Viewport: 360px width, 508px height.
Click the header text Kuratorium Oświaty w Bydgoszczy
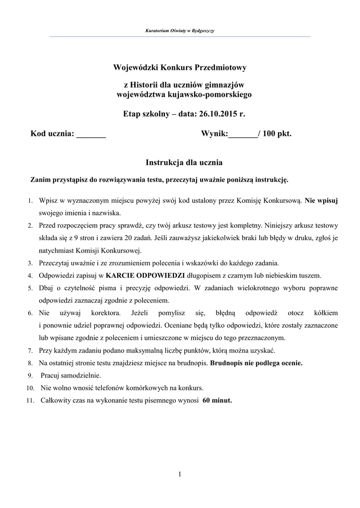180,31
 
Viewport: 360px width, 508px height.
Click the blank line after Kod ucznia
91,134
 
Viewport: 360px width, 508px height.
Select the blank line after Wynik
243,134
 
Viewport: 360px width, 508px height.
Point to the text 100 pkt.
278,133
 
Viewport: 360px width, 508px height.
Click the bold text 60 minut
217,400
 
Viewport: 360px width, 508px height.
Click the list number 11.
30,401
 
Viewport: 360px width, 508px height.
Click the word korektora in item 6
105,313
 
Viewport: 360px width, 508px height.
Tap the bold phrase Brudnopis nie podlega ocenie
256,363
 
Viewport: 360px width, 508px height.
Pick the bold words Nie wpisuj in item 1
321,200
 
